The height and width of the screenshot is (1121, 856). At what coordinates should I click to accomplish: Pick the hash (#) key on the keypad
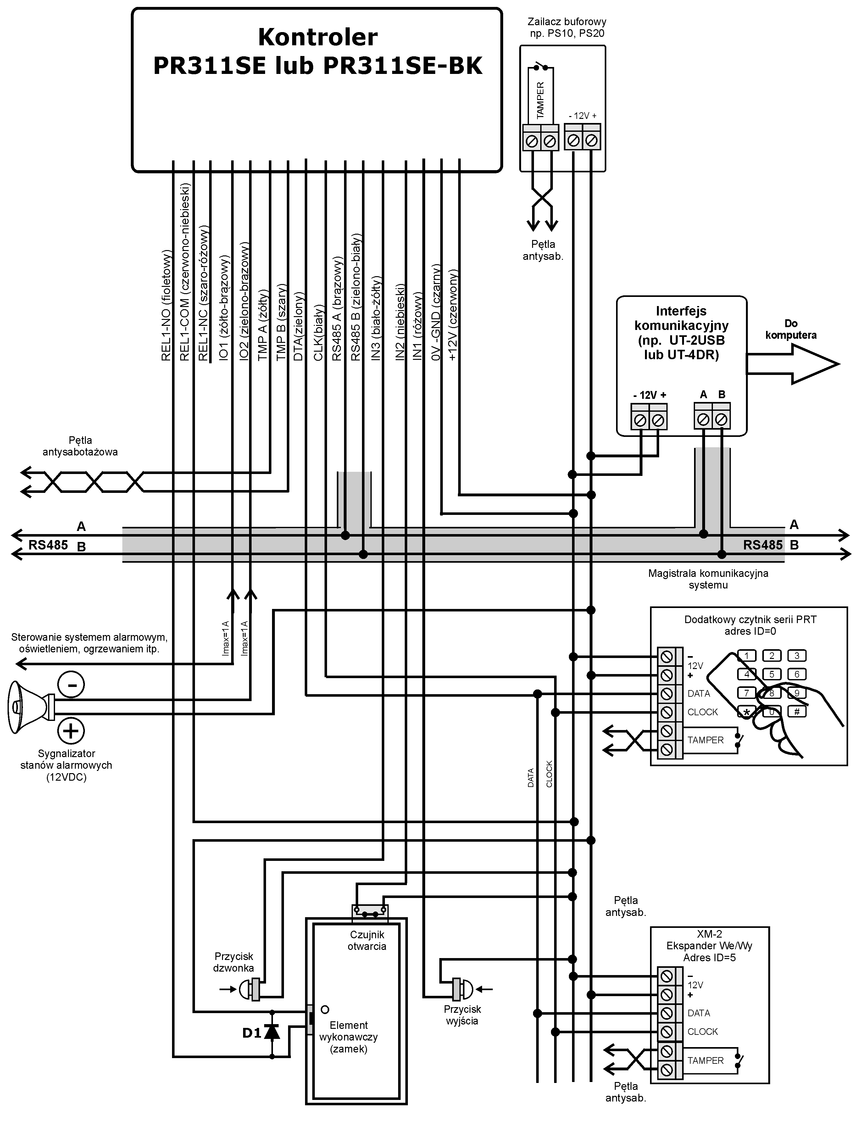[797, 712]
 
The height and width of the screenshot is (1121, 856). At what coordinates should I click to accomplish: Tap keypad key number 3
[797, 656]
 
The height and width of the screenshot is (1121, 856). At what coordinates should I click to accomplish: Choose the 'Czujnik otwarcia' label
[367, 940]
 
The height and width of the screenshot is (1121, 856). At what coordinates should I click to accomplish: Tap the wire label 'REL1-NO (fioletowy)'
[166, 306]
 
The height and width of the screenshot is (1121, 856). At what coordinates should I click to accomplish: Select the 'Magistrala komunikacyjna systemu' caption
[708, 579]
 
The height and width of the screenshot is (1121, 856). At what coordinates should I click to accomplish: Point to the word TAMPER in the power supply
[540, 100]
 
